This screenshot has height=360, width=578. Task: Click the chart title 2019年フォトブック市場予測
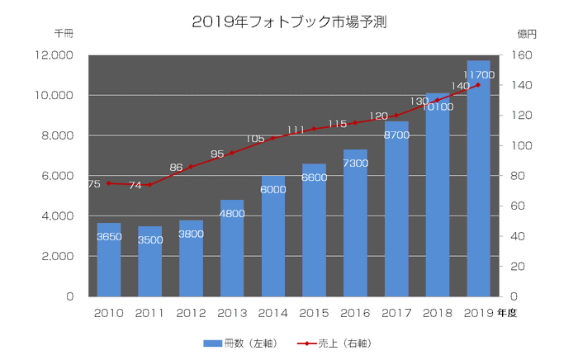point(289,22)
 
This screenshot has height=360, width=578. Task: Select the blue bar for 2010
point(109,259)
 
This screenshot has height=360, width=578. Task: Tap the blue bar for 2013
point(232,248)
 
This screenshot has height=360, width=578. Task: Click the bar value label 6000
point(273,189)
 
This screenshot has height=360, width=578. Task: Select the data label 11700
point(478,75)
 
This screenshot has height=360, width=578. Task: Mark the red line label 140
point(460,86)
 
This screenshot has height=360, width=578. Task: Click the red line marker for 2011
point(149,185)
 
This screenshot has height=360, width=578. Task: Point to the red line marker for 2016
point(355,123)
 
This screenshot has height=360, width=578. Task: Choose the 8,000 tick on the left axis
point(57,135)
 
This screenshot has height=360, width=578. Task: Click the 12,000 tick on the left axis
point(54,55)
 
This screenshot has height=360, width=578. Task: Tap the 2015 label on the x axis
point(314,313)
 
